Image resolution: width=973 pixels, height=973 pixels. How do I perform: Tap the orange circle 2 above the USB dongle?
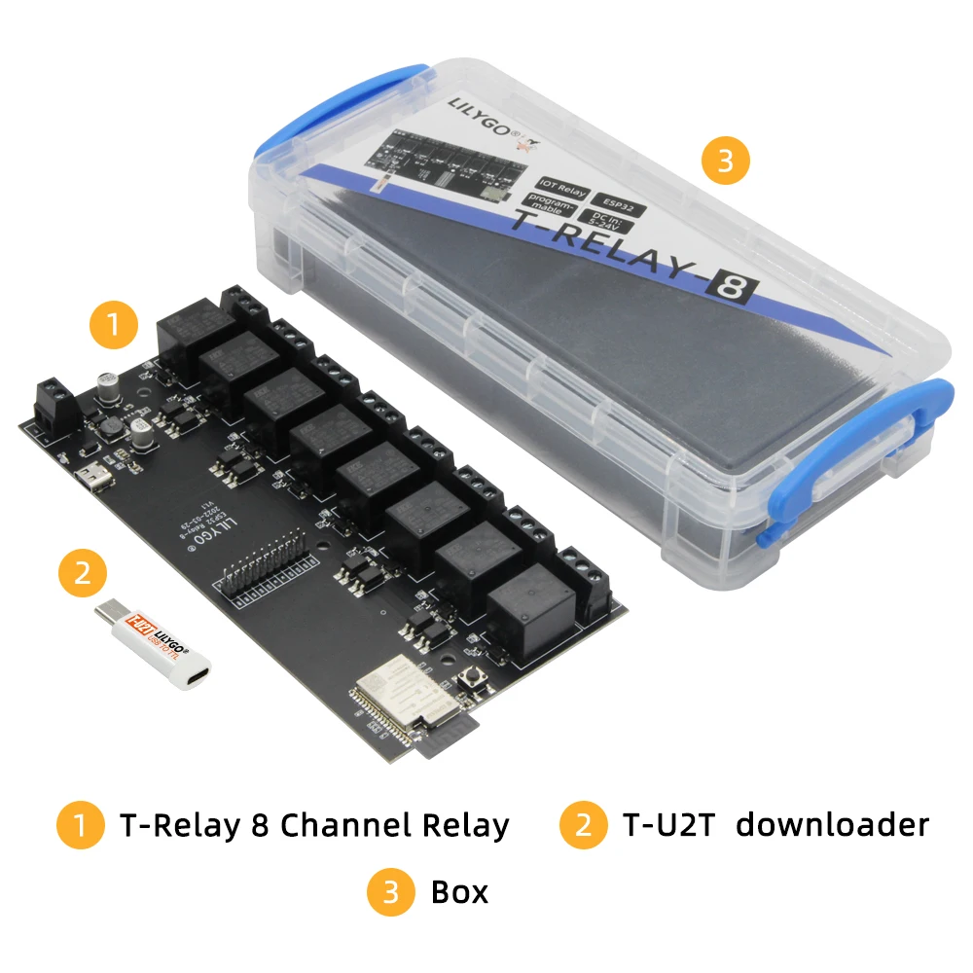[x=84, y=573]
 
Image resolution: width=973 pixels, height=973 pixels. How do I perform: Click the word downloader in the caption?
[x=832, y=825]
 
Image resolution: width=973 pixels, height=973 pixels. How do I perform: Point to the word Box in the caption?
[x=459, y=891]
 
